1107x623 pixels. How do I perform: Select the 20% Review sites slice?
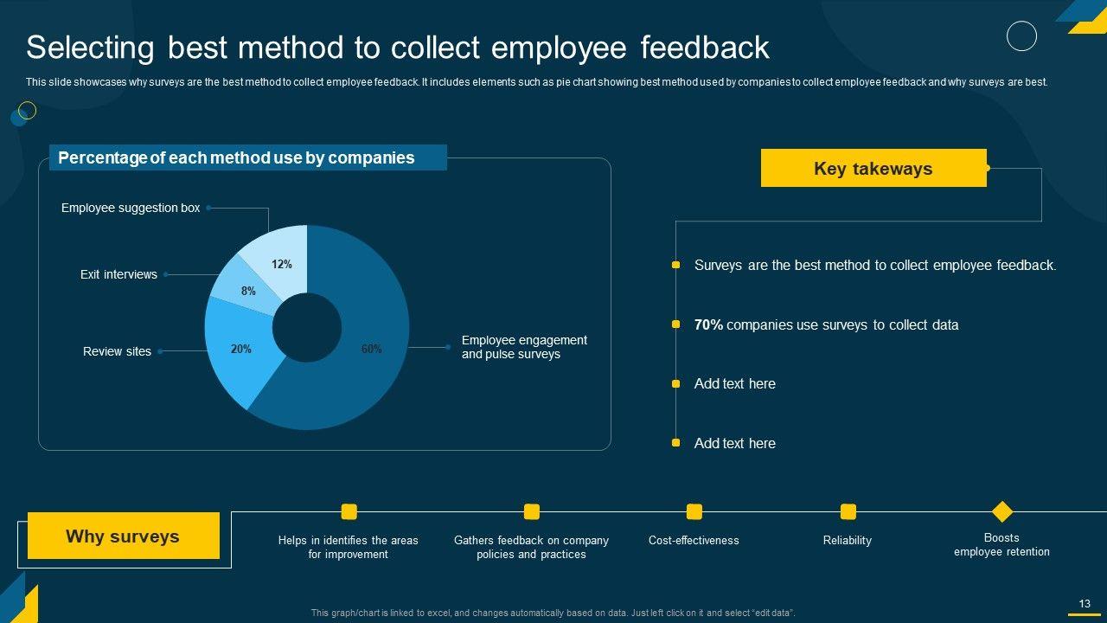tap(238, 350)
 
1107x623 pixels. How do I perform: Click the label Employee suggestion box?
tap(131, 208)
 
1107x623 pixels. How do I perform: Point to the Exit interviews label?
tap(118, 274)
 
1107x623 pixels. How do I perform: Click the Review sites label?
tap(117, 351)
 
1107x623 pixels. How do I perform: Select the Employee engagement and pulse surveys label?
tap(524, 347)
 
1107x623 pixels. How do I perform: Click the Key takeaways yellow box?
tap(873, 168)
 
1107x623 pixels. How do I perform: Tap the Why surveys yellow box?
tap(123, 536)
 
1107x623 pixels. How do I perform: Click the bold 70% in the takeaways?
tap(708, 324)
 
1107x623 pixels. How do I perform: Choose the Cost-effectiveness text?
tap(694, 540)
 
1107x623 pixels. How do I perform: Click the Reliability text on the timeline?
tap(848, 540)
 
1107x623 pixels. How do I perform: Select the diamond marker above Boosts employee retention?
tap(1001, 511)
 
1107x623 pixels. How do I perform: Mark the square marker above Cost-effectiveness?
tap(694, 511)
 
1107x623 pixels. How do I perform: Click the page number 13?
tap(1085, 604)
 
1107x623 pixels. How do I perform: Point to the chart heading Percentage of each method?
tap(236, 157)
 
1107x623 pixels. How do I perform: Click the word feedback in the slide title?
tap(705, 48)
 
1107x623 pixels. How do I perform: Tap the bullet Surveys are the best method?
tap(875, 266)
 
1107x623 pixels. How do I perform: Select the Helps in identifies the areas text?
tap(348, 547)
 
